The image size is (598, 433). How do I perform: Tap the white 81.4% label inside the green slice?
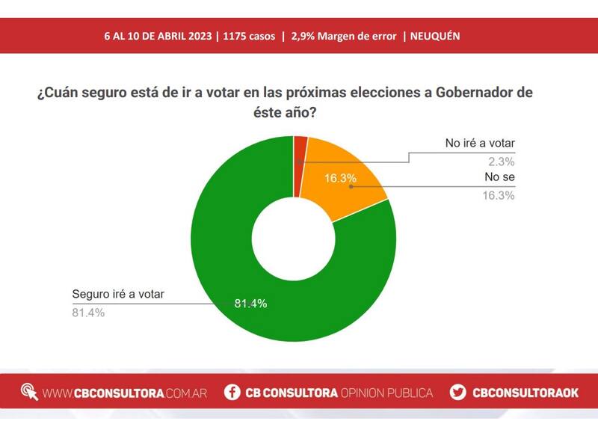tap(250, 303)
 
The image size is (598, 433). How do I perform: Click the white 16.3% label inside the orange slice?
tap(339, 179)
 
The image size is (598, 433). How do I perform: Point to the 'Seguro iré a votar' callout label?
tap(117, 294)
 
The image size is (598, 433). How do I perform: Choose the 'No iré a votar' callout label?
tap(480, 144)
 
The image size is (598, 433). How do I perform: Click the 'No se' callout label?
tap(500, 178)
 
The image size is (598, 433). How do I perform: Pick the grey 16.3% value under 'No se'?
tap(499, 196)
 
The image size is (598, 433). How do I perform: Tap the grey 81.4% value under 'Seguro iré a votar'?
tap(87, 313)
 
